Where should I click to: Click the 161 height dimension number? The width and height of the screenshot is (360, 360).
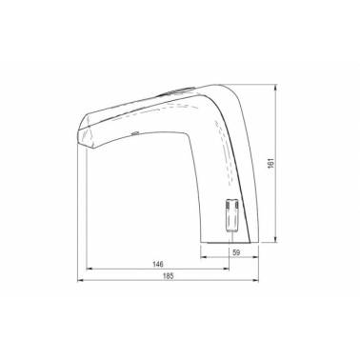270,163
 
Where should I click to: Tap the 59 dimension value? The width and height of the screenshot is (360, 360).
236,252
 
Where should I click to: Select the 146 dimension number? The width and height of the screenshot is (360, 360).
158,264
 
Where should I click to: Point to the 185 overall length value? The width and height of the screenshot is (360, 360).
169,276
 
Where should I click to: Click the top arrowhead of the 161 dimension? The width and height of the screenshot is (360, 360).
275,87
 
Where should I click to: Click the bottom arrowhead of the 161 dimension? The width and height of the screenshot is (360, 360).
275,240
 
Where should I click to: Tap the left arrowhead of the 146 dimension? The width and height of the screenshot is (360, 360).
90,269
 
